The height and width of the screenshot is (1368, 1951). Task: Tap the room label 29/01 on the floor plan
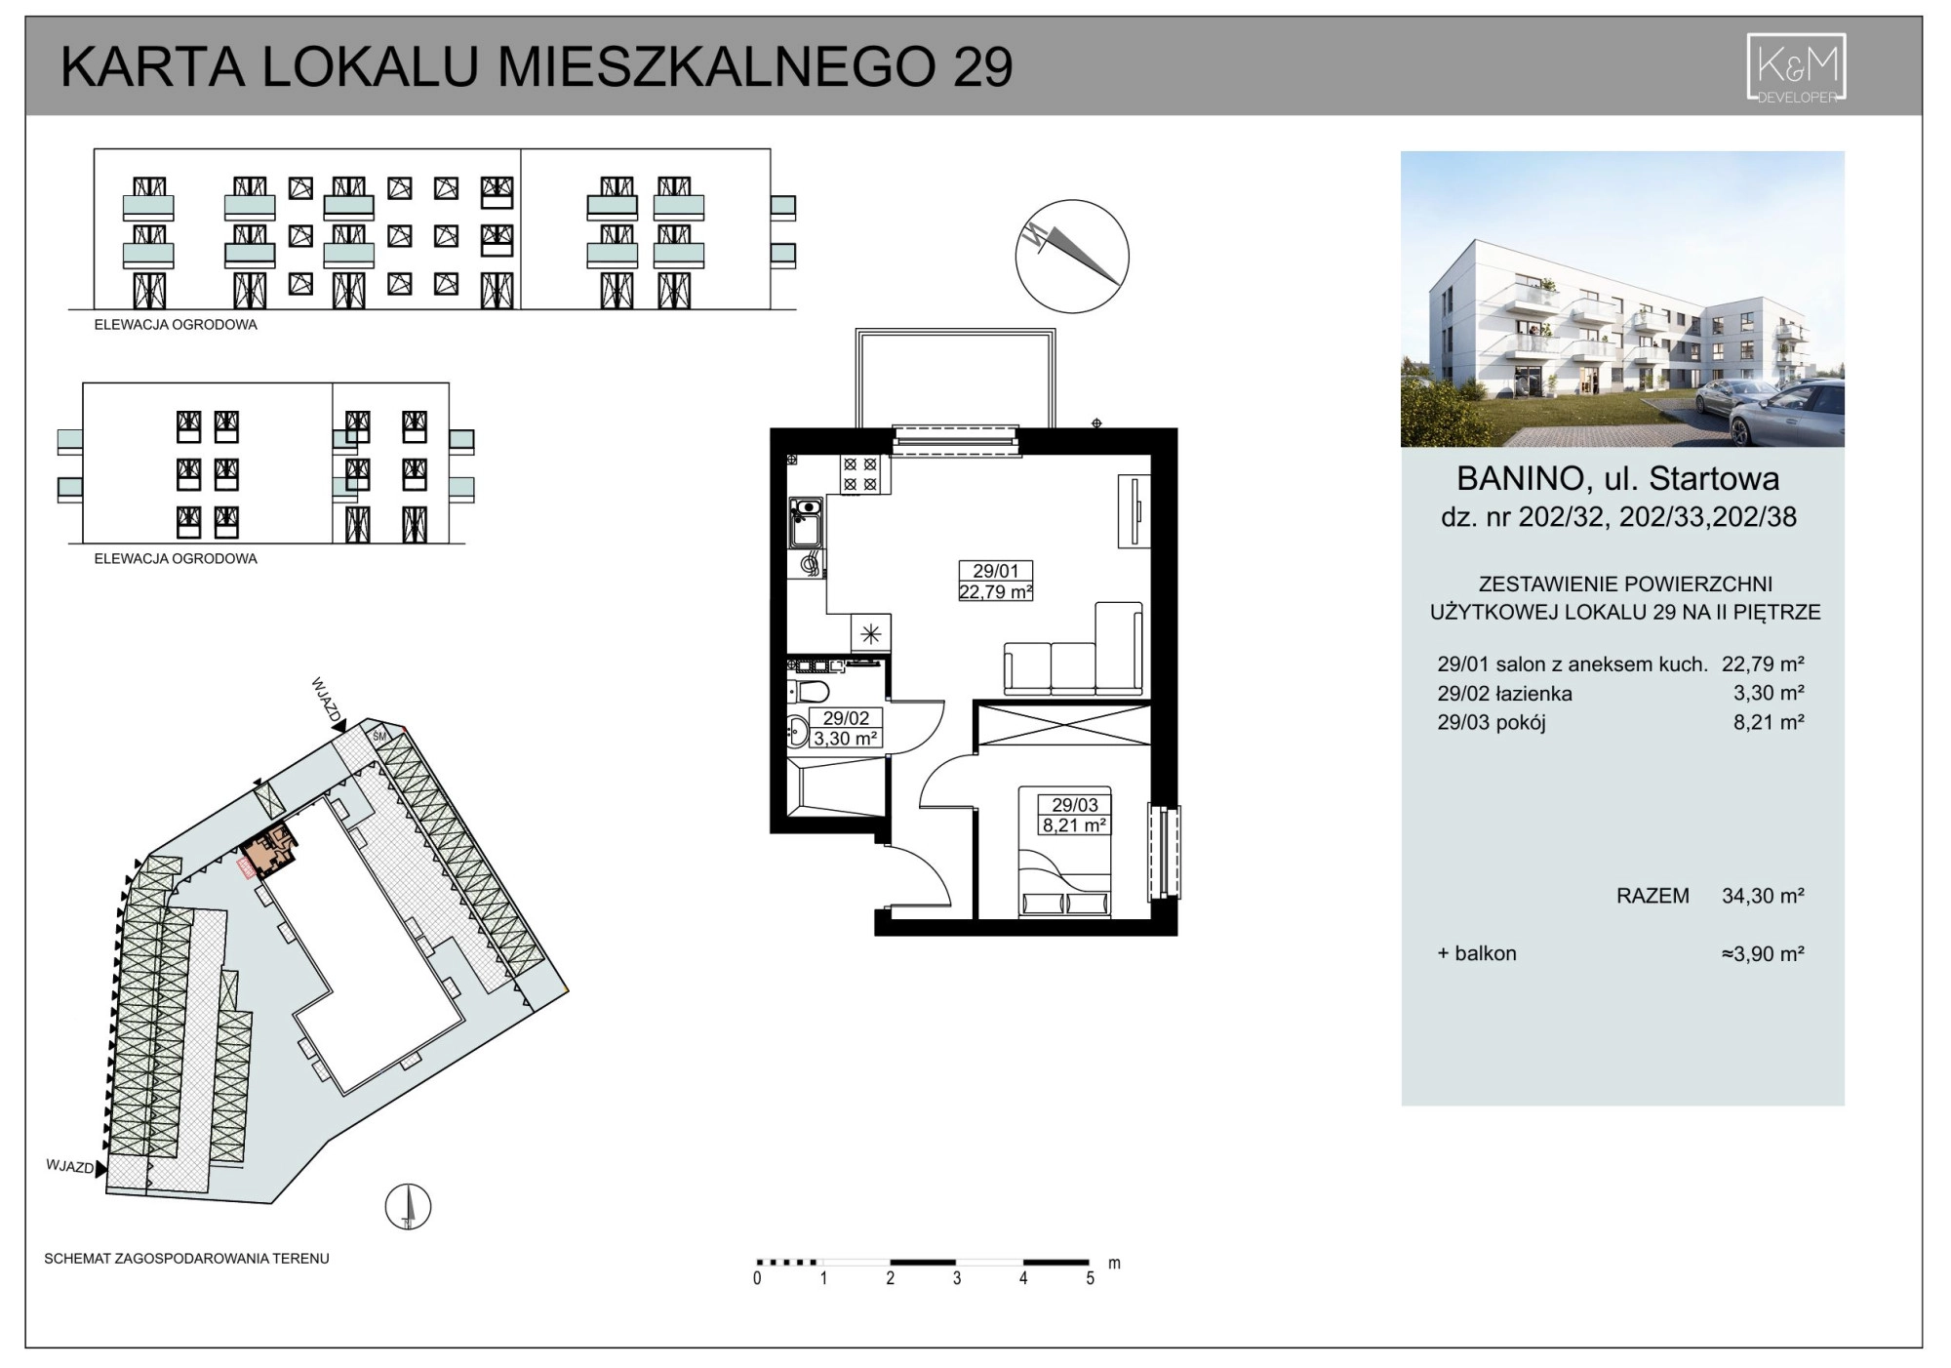(x=995, y=571)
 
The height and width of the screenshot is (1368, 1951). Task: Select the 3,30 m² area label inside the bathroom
(x=846, y=739)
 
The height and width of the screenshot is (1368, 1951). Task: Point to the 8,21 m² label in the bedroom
(x=1074, y=825)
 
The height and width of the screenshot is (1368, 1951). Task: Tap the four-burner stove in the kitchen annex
(x=863, y=474)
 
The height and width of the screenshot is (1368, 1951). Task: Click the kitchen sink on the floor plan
(x=807, y=522)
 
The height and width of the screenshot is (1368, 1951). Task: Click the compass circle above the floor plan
(x=1072, y=256)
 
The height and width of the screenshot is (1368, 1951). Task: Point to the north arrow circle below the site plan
(x=409, y=1206)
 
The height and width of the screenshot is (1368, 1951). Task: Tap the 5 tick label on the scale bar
(x=1090, y=1278)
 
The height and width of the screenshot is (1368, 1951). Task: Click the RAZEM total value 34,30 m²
(x=1763, y=896)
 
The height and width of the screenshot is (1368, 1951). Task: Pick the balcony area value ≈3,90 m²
(x=1763, y=953)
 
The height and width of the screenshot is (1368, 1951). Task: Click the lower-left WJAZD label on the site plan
(x=69, y=1167)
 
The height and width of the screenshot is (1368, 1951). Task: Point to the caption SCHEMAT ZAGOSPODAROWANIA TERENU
(x=186, y=1259)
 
